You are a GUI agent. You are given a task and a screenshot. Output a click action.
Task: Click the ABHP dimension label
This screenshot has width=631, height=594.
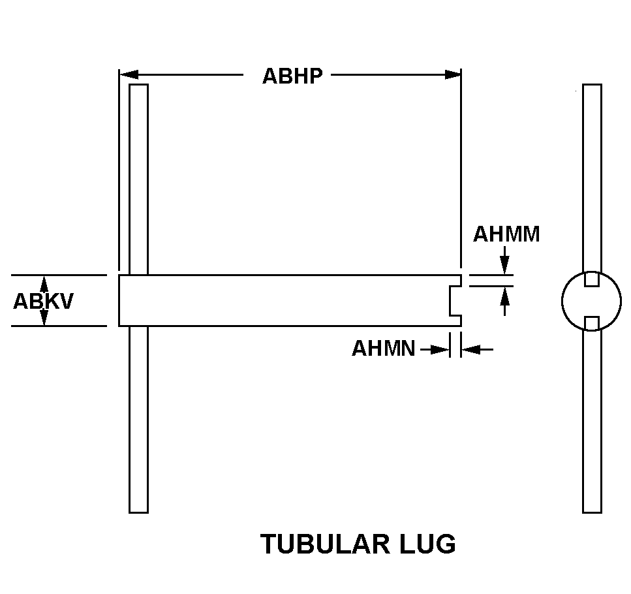[x=292, y=76]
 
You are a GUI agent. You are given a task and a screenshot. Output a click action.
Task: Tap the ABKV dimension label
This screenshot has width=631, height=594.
[x=43, y=301]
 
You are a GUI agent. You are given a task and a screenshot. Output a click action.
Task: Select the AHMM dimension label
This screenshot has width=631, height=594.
[x=506, y=234]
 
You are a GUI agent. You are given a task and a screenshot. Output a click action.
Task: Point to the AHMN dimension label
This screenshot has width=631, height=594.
[x=383, y=348]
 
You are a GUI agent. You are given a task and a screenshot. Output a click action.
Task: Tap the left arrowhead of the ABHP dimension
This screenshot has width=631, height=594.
[x=129, y=75]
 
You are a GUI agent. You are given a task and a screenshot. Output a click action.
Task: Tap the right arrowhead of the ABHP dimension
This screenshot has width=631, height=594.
[x=452, y=75]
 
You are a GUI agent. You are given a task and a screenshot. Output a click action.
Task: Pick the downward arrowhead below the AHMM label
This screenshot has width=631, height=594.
[x=504, y=266]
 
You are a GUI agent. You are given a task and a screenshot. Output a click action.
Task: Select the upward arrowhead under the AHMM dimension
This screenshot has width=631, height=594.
[x=504, y=296]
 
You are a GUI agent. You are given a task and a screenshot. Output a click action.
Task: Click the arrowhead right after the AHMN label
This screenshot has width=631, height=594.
[x=440, y=349]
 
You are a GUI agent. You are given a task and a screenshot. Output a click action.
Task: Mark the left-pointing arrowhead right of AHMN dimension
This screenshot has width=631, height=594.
[x=471, y=349]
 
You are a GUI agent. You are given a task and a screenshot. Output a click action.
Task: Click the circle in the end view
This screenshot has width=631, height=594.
[x=592, y=301]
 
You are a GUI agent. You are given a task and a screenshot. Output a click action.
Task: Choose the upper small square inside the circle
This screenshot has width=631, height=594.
[x=592, y=279]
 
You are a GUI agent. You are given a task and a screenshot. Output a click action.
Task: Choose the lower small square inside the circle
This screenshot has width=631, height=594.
[x=592, y=323]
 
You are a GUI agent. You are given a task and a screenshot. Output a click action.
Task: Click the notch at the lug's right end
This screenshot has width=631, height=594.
[x=455, y=301]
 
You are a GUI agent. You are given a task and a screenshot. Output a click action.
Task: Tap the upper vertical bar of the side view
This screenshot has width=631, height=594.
[x=138, y=180]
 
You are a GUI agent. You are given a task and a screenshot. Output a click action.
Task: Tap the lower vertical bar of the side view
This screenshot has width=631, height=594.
[x=138, y=420]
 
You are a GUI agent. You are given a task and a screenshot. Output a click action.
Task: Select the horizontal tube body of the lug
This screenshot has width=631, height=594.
[x=290, y=301]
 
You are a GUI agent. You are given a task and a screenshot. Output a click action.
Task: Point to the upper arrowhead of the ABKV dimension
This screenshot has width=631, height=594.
[x=44, y=284]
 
